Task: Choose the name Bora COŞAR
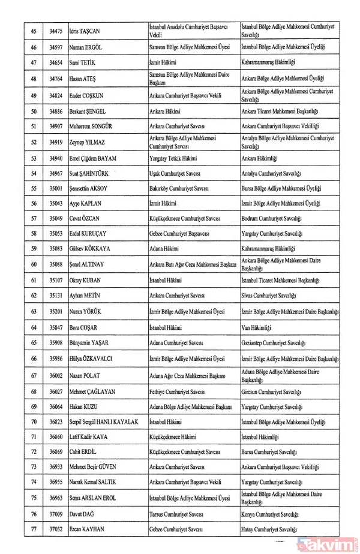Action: [85, 327]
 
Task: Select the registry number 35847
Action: [60, 327]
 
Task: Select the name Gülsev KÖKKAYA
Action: [90, 248]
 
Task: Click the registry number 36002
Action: [60, 375]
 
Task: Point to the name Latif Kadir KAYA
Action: [91, 437]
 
